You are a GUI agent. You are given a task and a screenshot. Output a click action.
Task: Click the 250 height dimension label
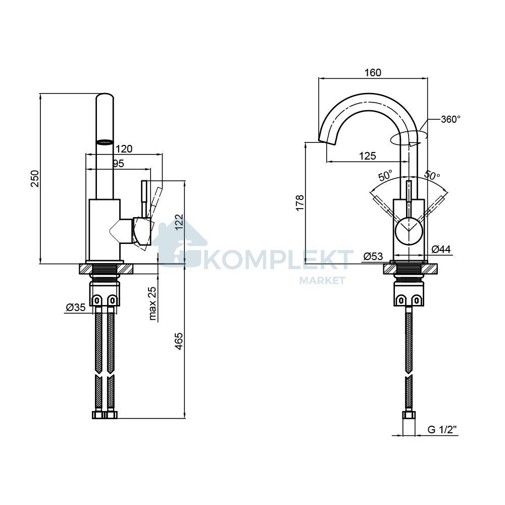[x=35, y=178]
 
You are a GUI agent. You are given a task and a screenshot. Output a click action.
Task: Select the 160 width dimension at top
[x=373, y=73]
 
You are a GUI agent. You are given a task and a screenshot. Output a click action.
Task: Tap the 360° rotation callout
[x=451, y=120]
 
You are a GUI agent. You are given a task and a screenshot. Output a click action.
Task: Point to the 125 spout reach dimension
[x=368, y=156]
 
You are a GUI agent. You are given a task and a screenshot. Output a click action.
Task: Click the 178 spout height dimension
[x=299, y=203]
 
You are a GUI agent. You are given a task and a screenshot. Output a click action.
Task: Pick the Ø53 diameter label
[x=373, y=257]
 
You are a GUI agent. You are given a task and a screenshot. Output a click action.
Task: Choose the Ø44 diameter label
[x=441, y=249]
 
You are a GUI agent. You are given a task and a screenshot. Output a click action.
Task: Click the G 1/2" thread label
[x=442, y=430]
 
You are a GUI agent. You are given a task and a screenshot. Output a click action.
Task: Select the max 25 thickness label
[x=153, y=304]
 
